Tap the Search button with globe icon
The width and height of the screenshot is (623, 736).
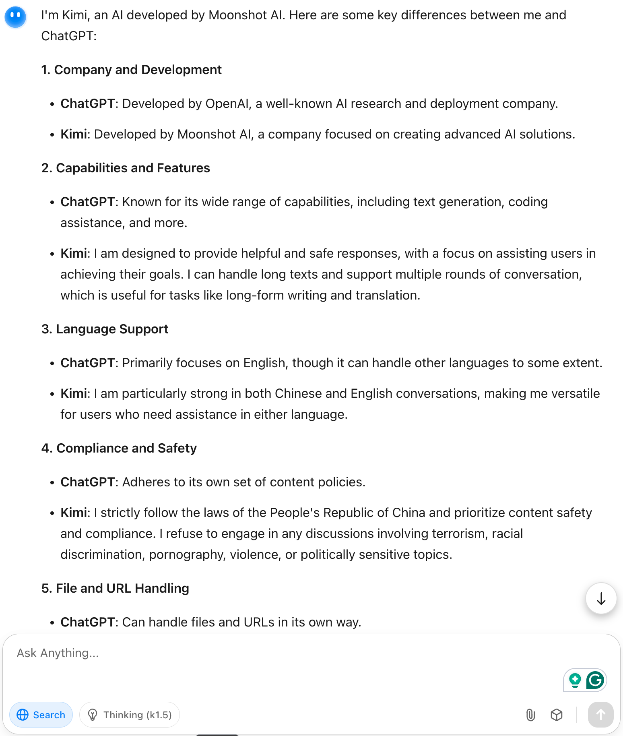41,715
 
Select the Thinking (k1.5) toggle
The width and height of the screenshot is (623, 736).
130,715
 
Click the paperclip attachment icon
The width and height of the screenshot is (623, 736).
530,715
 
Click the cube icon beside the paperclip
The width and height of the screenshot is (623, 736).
556,715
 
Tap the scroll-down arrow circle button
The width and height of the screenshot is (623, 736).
601,598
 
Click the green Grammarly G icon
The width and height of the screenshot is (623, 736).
595,680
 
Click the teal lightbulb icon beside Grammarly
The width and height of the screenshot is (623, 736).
575,680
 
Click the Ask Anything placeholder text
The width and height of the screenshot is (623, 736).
58,653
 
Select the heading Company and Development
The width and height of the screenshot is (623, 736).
132,70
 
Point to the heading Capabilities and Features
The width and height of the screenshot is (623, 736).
126,168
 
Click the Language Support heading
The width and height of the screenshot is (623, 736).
105,329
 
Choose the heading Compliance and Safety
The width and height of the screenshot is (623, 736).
119,448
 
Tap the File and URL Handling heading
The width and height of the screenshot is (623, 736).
115,588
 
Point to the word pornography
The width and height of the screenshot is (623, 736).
187,554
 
